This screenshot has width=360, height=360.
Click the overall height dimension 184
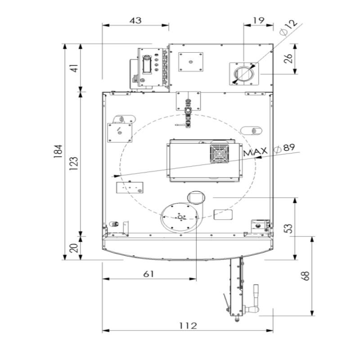click(58, 151)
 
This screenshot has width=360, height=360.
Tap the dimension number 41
click(75, 68)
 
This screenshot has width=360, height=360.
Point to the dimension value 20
click(74, 248)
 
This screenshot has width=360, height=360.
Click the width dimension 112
click(188, 325)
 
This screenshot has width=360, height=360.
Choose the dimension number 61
click(149, 274)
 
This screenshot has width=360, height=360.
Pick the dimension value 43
click(135, 20)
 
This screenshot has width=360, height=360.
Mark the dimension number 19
click(258, 20)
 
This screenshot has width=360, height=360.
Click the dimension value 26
click(288, 58)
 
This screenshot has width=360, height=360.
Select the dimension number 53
click(288, 229)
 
